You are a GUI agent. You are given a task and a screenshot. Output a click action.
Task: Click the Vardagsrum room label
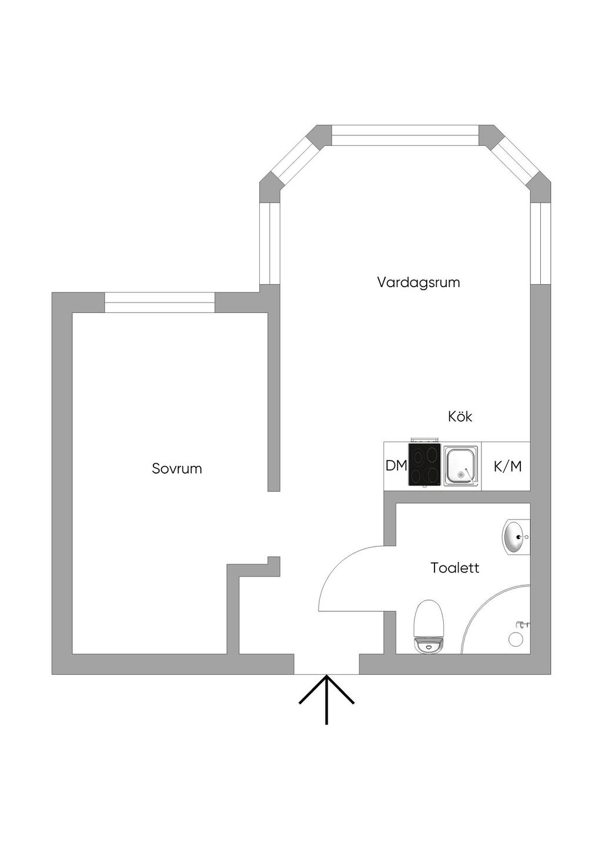[x=419, y=283]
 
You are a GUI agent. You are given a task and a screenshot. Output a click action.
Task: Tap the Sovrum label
[x=177, y=468]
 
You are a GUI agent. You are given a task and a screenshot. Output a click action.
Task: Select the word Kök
[x=460, y=417]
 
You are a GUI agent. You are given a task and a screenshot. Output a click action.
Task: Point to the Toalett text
[x=455, y=568]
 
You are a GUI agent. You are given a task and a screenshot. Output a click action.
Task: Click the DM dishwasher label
[x=396, y=465]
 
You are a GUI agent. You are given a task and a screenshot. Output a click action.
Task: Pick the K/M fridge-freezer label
[x=508, y=467]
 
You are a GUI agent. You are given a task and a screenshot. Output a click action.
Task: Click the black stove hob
[x=424, y=464]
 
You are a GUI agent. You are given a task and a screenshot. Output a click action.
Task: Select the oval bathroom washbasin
[x=517, y=537]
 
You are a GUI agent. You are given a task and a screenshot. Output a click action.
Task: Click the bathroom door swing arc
[x=344, y=567]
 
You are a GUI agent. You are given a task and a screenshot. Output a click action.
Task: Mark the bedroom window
[x=160, y=302]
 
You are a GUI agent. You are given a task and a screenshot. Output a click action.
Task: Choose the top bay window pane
[x=405, y=135]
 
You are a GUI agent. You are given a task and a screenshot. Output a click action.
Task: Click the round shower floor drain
[x=516, y=640]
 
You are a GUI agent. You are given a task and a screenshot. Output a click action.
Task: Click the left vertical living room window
[x=269, y=244]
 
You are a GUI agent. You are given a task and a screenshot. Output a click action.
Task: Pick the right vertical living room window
[x=540, y=244]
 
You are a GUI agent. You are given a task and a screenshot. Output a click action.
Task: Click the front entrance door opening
[x=326, y=664]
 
